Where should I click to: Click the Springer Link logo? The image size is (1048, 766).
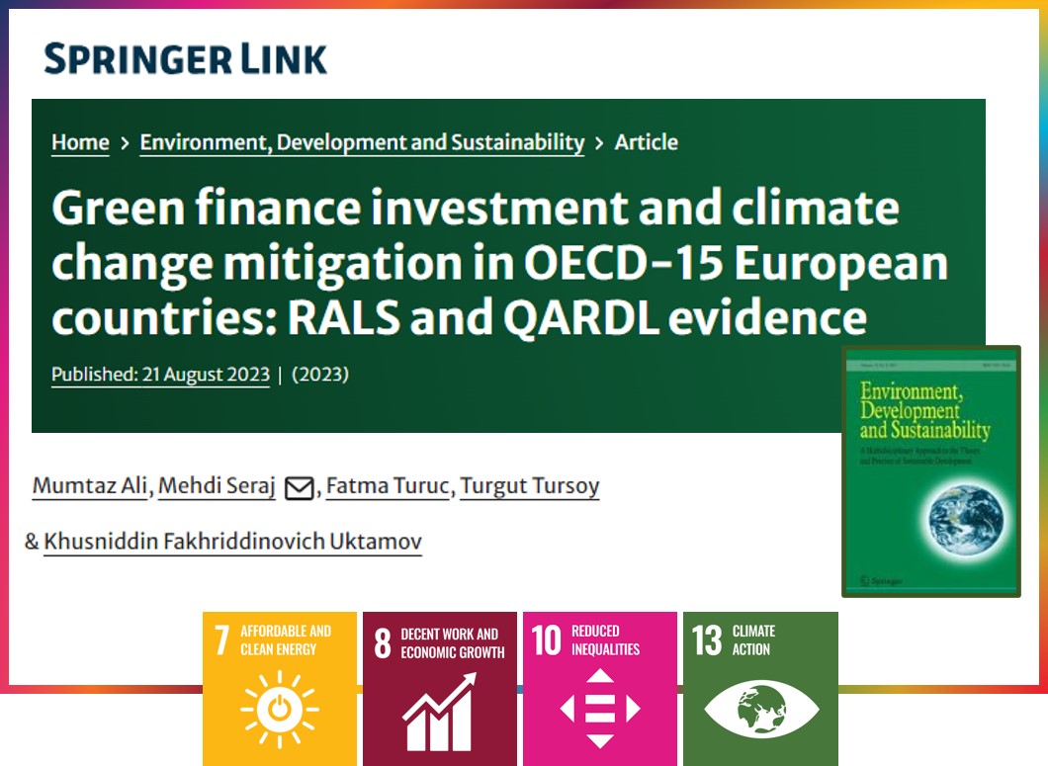coord(185,59)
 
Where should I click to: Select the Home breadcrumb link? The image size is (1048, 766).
coord(80,142)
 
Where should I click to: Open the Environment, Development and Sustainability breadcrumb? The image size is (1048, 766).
coord(362,142)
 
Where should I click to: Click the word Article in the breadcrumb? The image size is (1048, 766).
coord(646,142)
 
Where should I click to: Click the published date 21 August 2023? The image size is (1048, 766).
coord(160,376)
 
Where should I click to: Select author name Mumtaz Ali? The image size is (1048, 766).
coord(89,486)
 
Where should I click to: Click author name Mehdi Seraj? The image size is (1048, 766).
coord(218,486)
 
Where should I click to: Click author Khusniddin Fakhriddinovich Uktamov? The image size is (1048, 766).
coord(232,542)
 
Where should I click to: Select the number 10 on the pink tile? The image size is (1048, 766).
coord(547,640)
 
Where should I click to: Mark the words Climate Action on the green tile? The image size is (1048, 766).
coord(753,640)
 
